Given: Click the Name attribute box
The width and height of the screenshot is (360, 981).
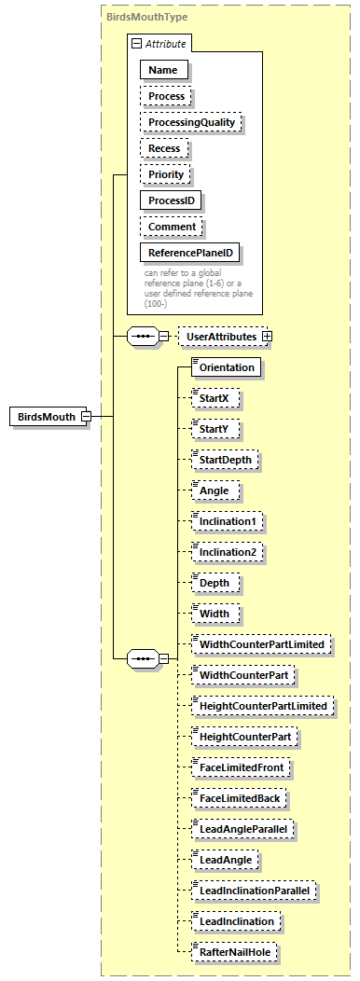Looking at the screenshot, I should [x=163, y=70].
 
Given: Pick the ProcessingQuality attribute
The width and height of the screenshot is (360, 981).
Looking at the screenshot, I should [x=190, y=122].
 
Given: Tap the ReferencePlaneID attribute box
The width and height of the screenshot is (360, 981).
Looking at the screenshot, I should [x=190, y=253].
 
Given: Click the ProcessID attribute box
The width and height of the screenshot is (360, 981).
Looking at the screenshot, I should [x=172, y=200].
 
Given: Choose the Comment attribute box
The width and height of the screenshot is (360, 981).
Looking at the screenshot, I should [x=172, y=227].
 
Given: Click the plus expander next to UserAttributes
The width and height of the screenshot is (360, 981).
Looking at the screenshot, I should [x=268, y=336].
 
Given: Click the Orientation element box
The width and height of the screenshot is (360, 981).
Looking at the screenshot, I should [x=227, y=367].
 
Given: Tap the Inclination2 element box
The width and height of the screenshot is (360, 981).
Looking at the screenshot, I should [x=227, y=552].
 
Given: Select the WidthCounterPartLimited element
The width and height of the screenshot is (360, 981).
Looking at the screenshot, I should [x=260, y=644].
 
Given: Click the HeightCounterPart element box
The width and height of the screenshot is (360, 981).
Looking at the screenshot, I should [x=244, y=737].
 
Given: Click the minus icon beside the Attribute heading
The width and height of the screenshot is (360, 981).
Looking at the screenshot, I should [x=136, y=44].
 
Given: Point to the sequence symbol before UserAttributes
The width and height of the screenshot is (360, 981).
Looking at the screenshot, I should [x=141, y=336].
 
